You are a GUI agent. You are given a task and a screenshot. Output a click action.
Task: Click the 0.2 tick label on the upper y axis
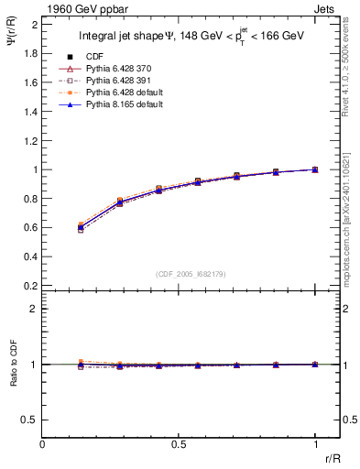coord(30,285)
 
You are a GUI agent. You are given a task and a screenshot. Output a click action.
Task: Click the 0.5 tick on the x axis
coord(179,443)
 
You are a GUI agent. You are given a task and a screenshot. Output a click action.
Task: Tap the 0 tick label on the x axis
coord(43,443)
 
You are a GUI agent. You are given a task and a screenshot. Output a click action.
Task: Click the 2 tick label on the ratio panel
coord(34,309)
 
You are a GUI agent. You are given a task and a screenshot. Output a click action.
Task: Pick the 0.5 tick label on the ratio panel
coord(30,420)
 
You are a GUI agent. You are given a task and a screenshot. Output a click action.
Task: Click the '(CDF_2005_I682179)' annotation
coord(179,274)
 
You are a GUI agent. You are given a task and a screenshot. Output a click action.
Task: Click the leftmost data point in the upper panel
coord(82,226)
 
